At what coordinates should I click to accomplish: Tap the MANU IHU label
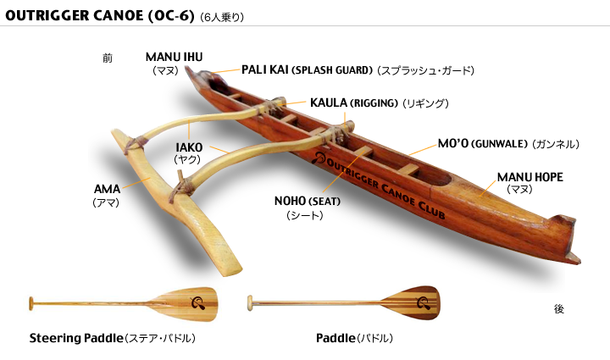click(x=174, y=58)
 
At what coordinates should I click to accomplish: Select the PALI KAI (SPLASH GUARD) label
click(x=307, y=70)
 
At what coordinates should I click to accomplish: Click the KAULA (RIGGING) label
click(x=353, y=103)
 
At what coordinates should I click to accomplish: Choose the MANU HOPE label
click(x=530, y=177)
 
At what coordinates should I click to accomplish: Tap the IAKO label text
click(x=189, y=147)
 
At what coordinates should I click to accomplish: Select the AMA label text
click(x=106, y=188)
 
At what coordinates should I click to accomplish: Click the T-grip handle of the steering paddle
click(x=31, y=302)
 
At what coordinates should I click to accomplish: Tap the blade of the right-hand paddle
click(x=410, y=302)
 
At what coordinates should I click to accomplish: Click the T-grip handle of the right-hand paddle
click(x=250, y=302)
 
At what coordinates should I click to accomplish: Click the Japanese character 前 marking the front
click(x=107, y=58)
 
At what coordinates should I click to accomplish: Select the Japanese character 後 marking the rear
click(x=558, y=309)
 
